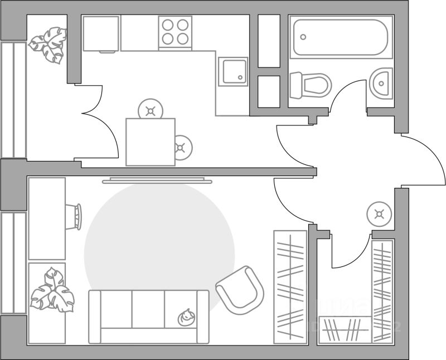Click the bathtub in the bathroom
[340, 37]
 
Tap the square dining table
[150, 142]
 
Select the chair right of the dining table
[182, 148]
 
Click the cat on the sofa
[186, 317]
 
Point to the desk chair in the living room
[74, 216]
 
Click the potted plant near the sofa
[51, 290]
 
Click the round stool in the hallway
[380, 213]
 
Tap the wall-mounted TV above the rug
[158, 180]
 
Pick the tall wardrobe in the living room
[290, 286]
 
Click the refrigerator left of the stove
[101, 34]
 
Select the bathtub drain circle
[303, 37]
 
